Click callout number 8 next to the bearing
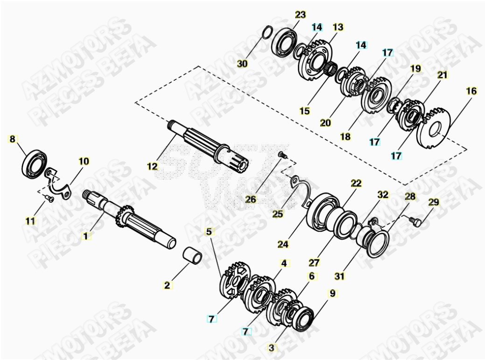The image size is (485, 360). point(13,139)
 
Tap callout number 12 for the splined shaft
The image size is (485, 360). point(153,166)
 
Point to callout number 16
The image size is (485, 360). point(471,91)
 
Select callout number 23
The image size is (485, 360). point(301,15)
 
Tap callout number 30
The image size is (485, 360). point(242,64)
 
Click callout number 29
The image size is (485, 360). point(434,202)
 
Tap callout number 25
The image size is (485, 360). point(278,214)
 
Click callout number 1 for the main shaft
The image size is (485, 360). point(85,236)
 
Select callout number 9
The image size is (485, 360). point(332,293)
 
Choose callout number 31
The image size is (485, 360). point(341,276)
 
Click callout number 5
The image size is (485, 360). point(209,231)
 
